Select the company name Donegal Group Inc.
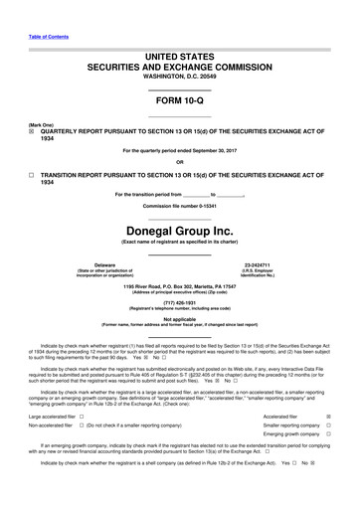point(179,226)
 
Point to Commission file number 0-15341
point(179,205)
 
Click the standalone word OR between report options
point(179,163)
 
